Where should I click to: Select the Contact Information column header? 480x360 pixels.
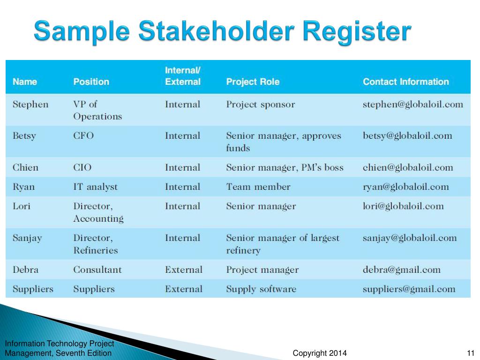(x=406, y=82)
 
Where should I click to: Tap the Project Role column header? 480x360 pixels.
(x=253, y=82)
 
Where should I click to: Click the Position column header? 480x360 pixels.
(x=91, y=82)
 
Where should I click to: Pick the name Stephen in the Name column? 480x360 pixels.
(x=30, y=105)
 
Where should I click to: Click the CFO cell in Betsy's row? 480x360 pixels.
(x=83, y=135)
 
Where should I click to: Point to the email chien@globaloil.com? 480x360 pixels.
(x=408, y=167)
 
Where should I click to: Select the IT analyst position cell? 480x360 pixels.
(x=96, y=187)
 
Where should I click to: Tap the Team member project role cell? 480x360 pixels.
(x=258, y=187)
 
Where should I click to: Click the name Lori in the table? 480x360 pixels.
(x=22, y=206)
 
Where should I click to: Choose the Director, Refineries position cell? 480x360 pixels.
(x=96, y=244)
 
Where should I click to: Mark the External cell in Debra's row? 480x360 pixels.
(x=184, y=270)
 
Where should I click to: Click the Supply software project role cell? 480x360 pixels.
(x=261, y=289)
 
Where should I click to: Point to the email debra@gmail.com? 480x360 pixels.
(x=402, y=270)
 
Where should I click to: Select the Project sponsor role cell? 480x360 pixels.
(x=261, y=105)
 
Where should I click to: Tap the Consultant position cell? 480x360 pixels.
(x=97, y=270)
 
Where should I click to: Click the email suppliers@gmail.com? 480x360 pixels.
(x=409, y=289)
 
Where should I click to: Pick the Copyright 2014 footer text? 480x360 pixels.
(x=320, y=353)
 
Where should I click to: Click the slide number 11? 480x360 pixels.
(x=471, y=353)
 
